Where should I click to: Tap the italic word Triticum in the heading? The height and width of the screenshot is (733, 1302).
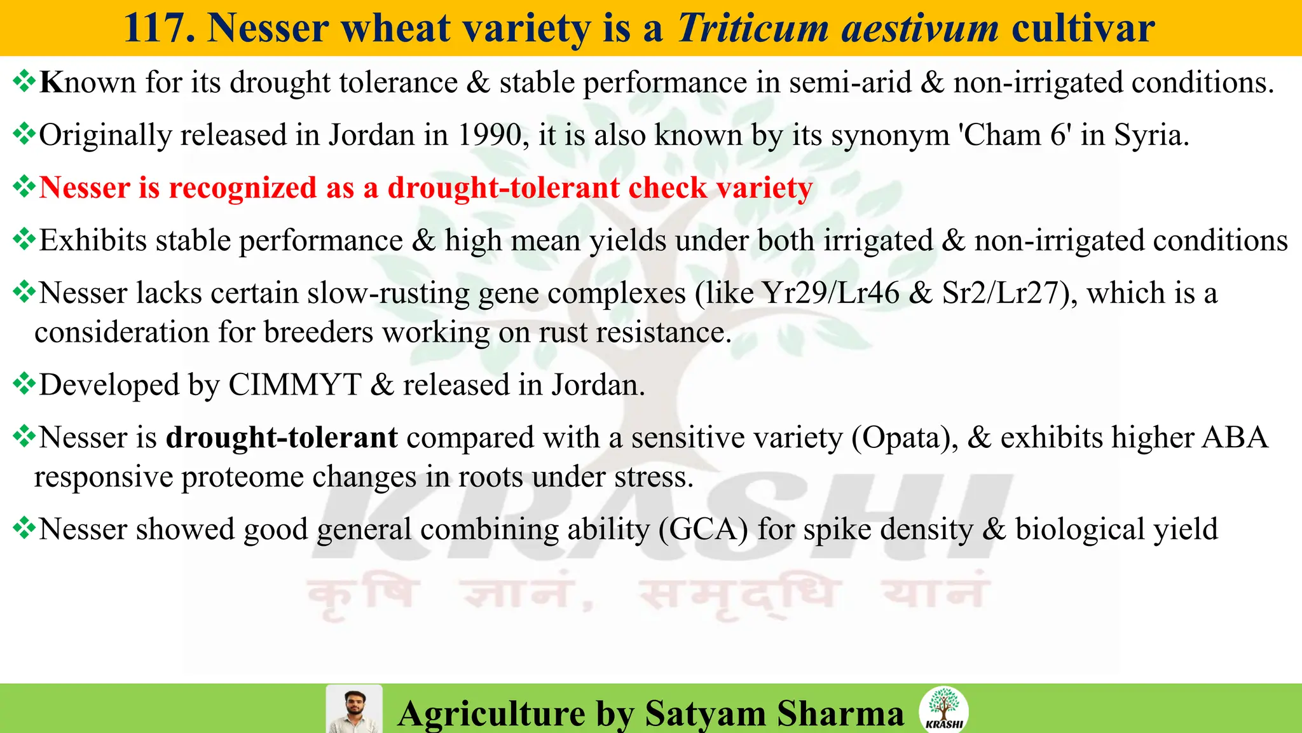pos(753,29)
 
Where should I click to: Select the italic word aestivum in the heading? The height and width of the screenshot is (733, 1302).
pos(920,29)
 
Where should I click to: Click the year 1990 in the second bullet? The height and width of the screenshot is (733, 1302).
pos(490,135)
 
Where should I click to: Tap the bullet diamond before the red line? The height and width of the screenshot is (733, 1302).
pos(24,187)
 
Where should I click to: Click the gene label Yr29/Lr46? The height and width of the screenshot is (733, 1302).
pos(831,293)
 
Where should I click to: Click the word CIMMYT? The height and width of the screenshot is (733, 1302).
pos(294,385)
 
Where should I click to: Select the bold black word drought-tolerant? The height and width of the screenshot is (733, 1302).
pos(282,438)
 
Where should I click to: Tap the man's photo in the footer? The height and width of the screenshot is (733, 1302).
pos(353,709)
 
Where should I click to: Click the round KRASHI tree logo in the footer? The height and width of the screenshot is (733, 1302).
pos(943,709)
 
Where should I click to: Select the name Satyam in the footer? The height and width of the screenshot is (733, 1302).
pos(705,713)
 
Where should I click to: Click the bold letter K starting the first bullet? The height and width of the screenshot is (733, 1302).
pos(51,83)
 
